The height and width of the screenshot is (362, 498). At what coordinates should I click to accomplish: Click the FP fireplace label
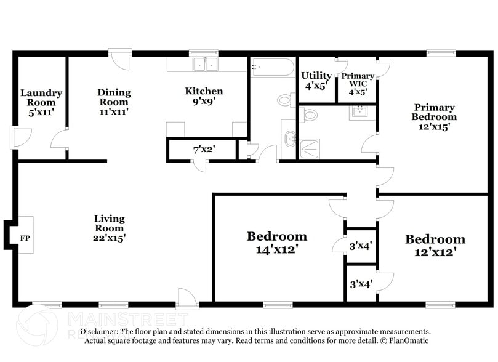[25, 238]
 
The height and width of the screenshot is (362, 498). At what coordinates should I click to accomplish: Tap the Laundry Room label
[41, 102]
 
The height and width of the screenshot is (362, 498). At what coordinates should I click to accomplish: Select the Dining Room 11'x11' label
[114, 102]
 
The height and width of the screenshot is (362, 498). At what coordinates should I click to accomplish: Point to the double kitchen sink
[204, 64]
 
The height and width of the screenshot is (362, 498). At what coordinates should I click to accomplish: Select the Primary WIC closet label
[358, 84]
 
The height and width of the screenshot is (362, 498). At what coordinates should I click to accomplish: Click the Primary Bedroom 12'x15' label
[434, 117]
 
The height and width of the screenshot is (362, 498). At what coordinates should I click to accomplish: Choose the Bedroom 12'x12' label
[434, 245]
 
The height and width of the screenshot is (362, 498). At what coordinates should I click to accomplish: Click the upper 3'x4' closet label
[361, 245]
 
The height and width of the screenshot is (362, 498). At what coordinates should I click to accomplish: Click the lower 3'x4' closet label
[361, 284]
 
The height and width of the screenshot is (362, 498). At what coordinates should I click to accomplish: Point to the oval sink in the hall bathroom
[289, 139]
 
